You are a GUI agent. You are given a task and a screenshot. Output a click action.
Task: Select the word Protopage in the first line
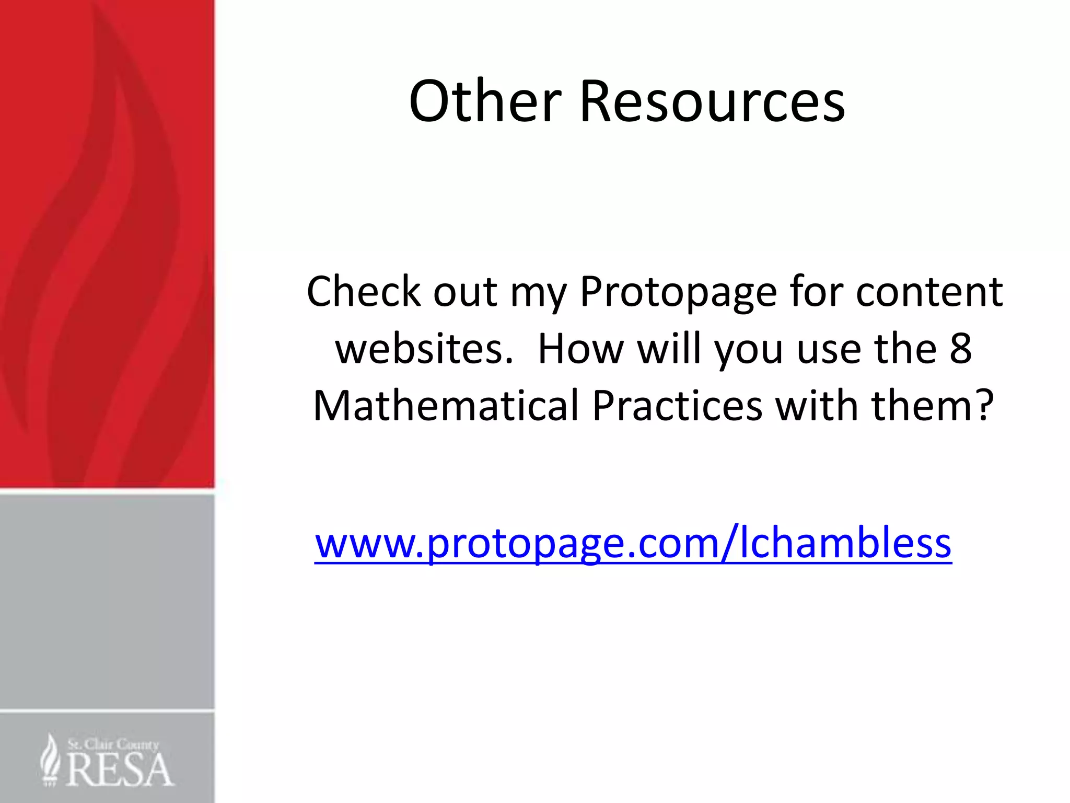pyautogui.click(x=679, y=292)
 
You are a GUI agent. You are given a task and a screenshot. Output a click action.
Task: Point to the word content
pyautogui.click(x=929, y=291)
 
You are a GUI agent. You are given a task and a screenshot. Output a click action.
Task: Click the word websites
pyautogui.click(x=424, y=349)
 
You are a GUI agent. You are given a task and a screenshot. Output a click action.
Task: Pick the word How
pyautogui.click(x=580, y=349)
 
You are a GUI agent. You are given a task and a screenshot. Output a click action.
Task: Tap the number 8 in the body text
pyautogui.click(x=960, y=349)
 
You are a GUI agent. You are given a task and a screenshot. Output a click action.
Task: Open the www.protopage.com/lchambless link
pyautogui.click(x=633, y=544)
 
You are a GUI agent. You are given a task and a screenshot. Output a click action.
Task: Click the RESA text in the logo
pyautogui.click(x=120, y=770)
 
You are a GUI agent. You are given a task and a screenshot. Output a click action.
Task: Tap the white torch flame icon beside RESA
pyautogui.click(x=51, y=760)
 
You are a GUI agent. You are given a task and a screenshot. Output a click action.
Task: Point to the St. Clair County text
pyautogui.click(x=113, y=744)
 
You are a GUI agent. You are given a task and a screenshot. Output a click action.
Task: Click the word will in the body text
pyautogui.click(x=669, y=349)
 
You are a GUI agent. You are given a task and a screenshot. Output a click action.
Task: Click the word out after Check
pyautogui.click(x=465, y=291)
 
